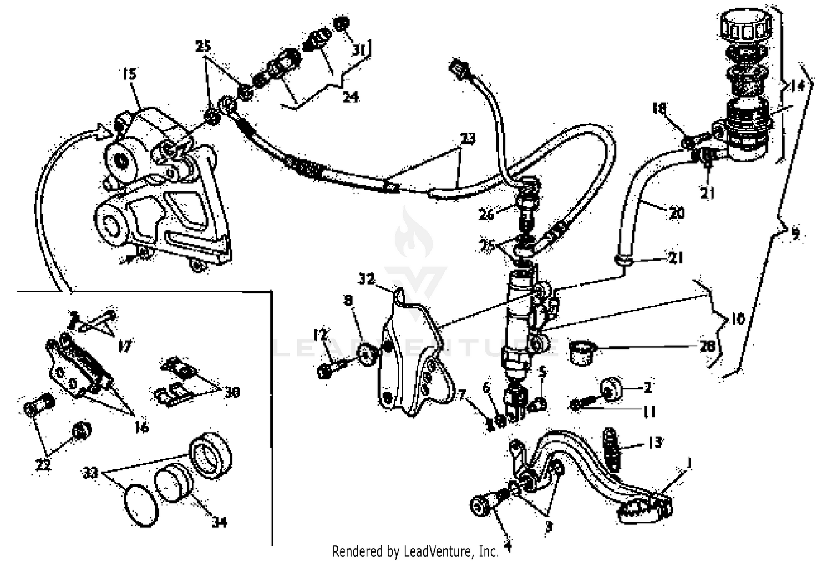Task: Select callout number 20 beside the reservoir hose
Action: click(x=677, y=214)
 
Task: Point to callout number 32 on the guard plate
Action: click(x=367, y=279)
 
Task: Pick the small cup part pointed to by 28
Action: click(x=582, y=352)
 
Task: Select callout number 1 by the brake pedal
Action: click(x=689, y=462)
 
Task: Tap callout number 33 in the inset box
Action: click(x=90, y=473)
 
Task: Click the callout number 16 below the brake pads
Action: click(x=142, y=427)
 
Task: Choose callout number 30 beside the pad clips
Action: click(x=231, y=392)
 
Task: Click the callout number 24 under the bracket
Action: click(x=350, y=97)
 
